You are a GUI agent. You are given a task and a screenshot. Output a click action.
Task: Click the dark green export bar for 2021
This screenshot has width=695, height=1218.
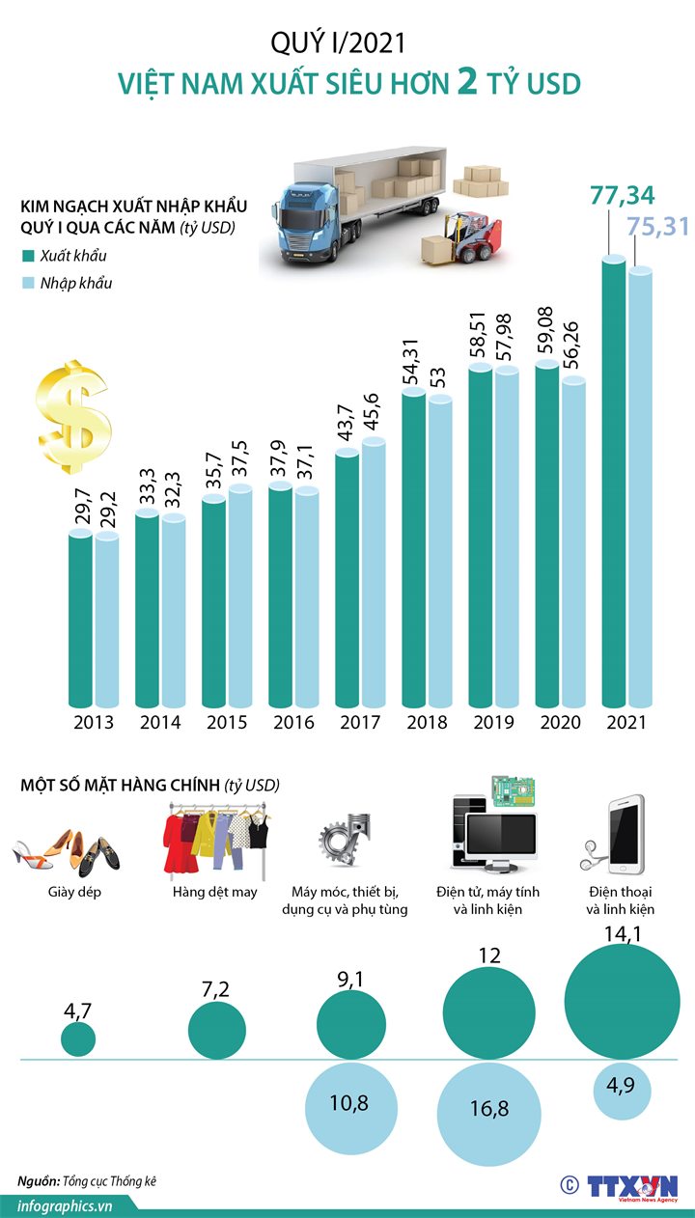pyautogui.click(x=614, y=483)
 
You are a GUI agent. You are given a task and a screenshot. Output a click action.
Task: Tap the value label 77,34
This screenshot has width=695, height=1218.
pyautogui.click(x=623, y=197)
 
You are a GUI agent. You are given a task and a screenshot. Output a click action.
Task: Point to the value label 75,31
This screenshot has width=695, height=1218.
pyautogui.click(x=657, y=227)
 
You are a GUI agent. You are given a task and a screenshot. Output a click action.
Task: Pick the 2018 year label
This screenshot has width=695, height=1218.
pyautogui.click(x=427, y=723)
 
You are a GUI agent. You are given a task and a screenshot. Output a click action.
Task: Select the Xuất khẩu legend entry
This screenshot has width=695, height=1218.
pyautogui.click(x=72, y=256)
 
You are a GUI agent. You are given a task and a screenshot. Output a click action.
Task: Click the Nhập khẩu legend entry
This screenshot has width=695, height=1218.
pyautogui.click(x=74, y=284)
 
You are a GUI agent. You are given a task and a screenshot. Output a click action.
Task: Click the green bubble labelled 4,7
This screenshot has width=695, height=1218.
pyautogui.click(x=78, y=1038)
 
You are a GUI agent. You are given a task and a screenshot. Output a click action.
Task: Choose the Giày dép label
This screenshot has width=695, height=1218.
pyautogui.click(x=74, y=892)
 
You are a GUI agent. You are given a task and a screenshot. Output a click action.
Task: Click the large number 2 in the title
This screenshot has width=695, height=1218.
pyautogui.click(x=468, y=83)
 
